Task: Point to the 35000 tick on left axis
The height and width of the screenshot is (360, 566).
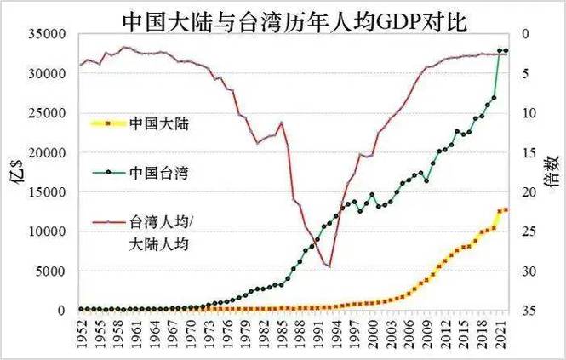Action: coord(50,34)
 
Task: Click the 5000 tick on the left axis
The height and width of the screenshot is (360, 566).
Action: coord(54,271)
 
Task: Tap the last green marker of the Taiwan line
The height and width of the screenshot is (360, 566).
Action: coord(506,51)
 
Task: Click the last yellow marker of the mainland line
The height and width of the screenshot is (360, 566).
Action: coord(506,210)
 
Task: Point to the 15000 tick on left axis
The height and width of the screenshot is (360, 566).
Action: coord(50,192)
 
